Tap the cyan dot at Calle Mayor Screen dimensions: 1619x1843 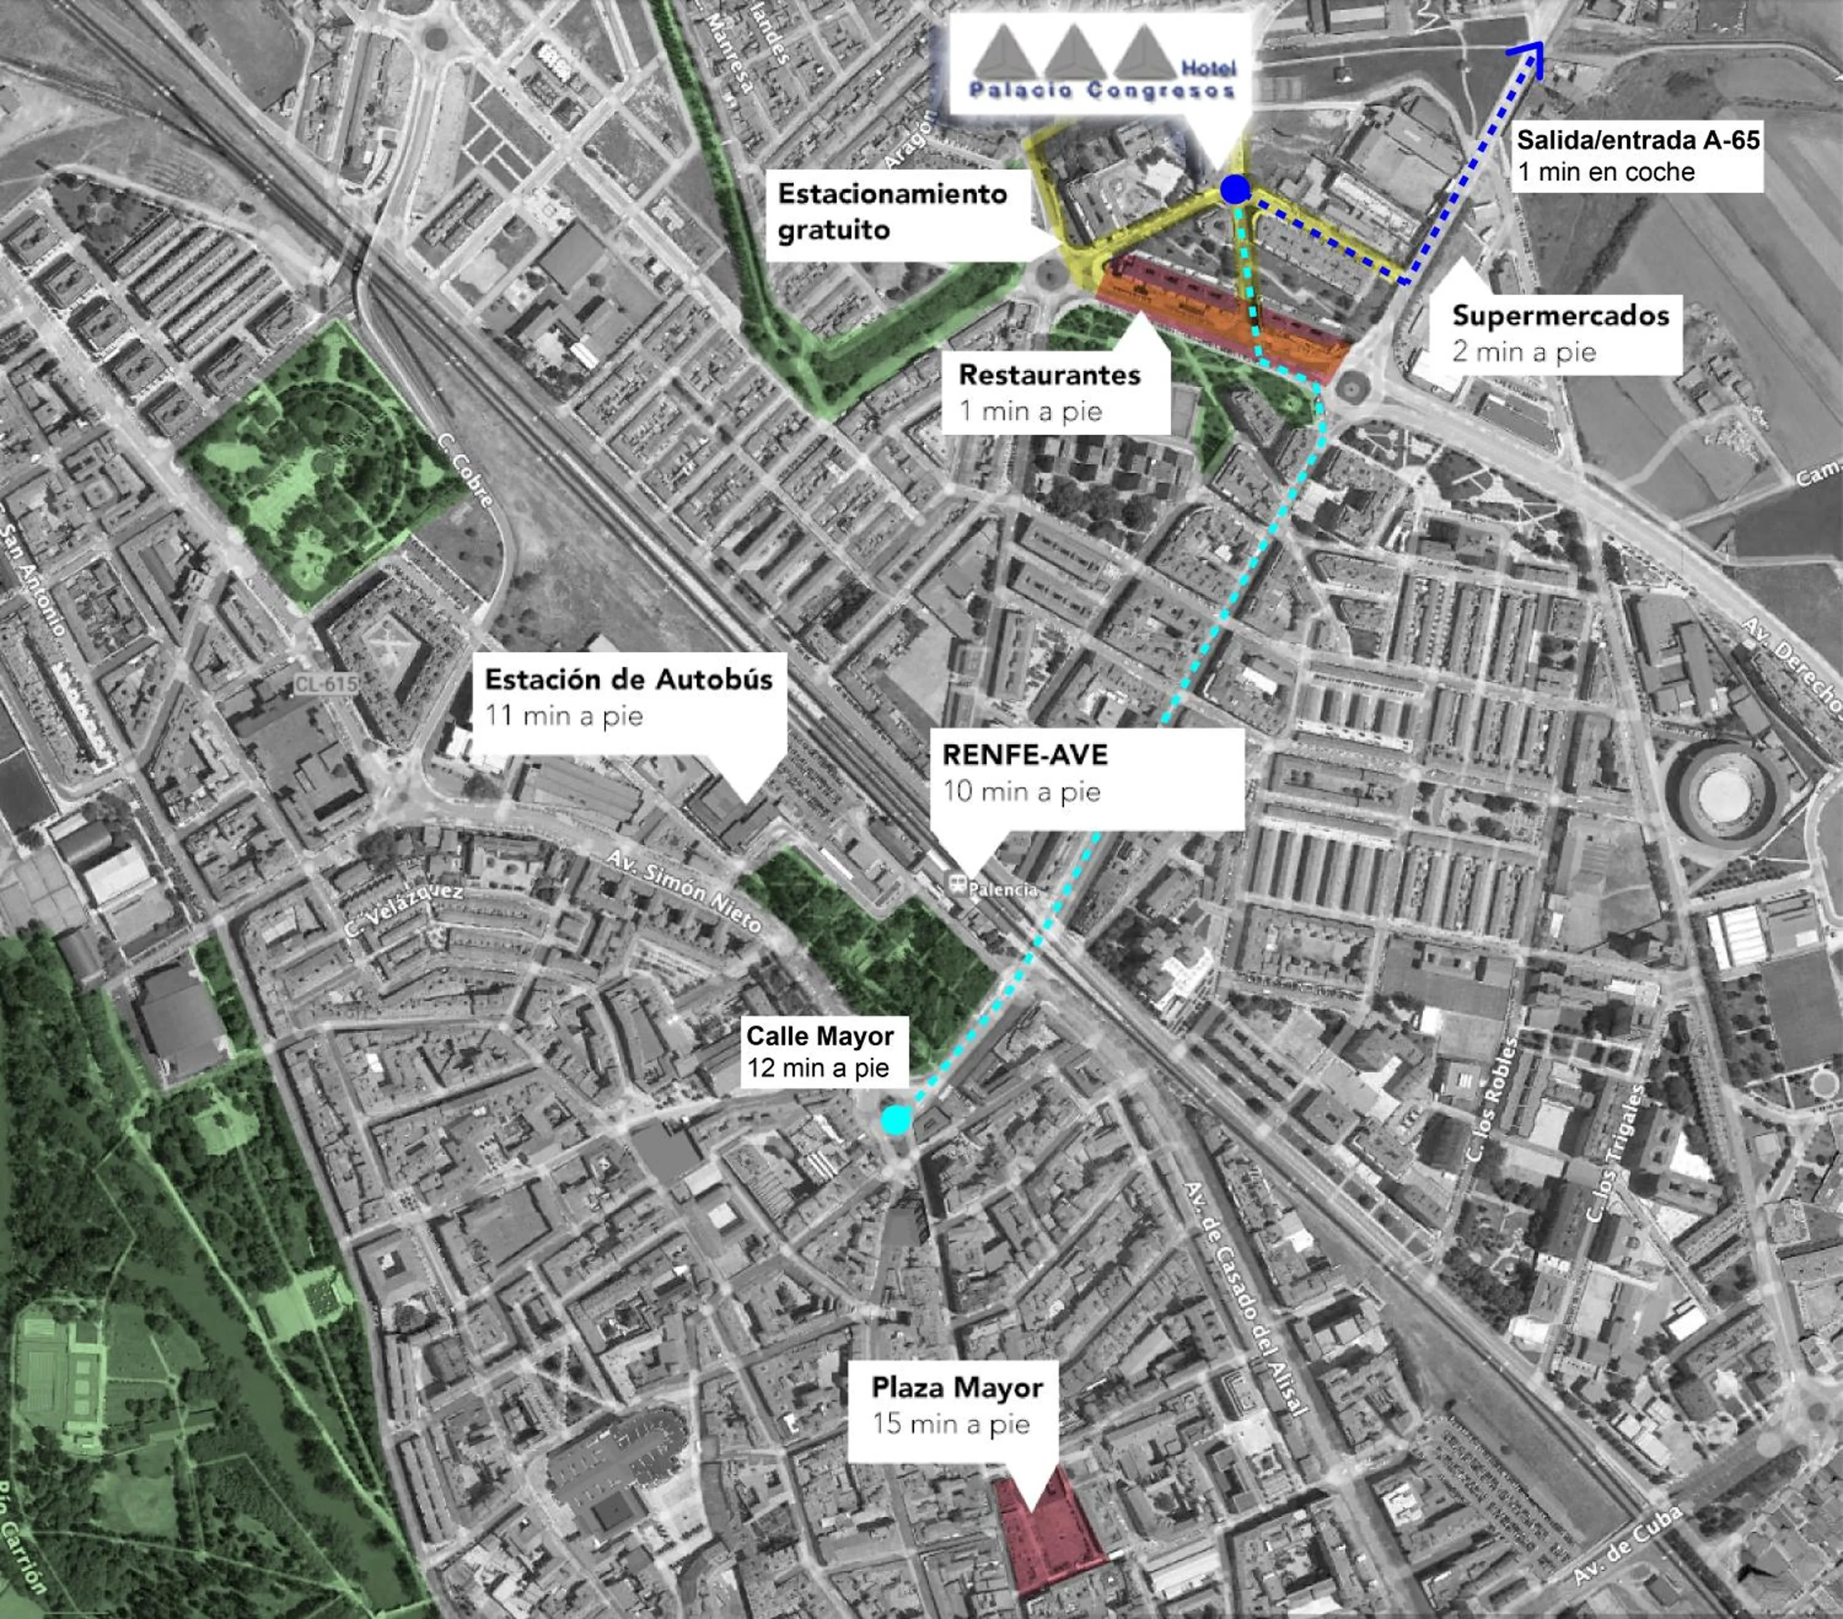tap(895, 1120)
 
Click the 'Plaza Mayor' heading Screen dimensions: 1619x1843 tap(957, 1387)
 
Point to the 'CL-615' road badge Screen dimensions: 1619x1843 tap(326, 684)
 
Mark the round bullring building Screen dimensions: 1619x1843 tap(1722, 796)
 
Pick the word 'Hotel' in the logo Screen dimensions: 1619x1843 tap(1208, 68)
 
